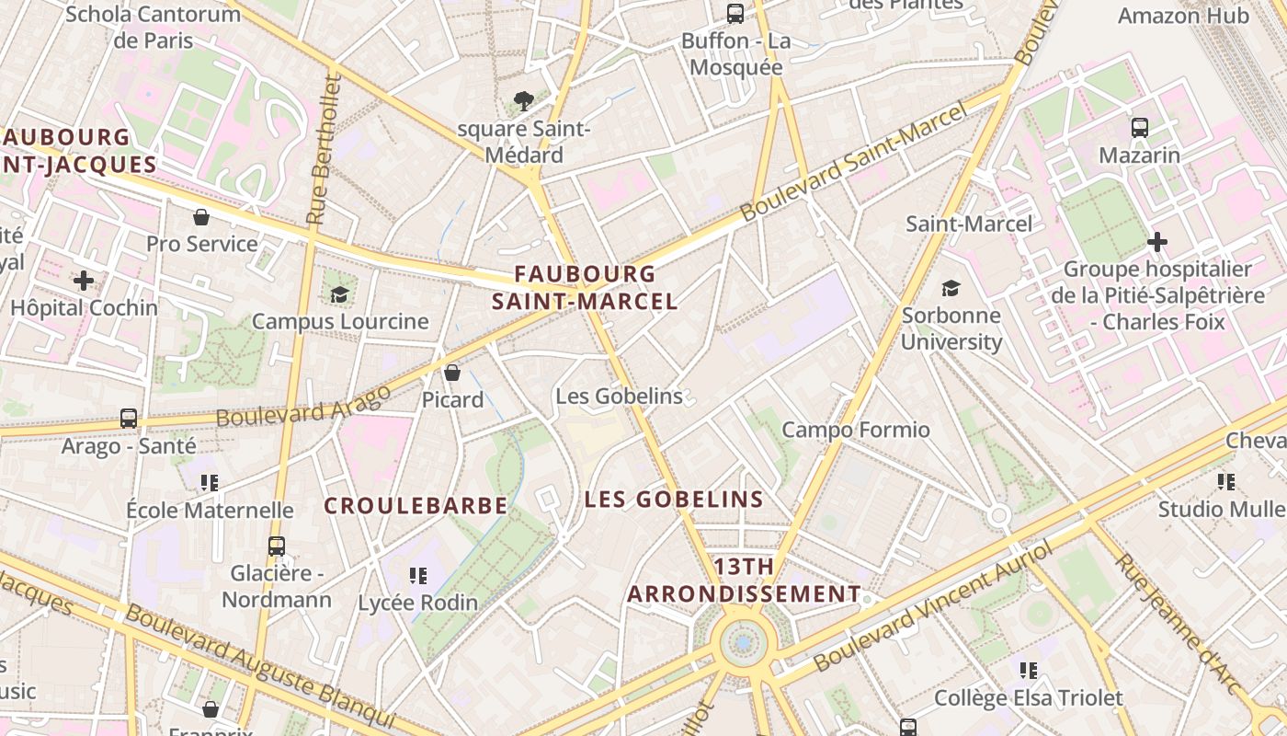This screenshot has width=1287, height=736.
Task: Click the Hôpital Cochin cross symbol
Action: point(84,281)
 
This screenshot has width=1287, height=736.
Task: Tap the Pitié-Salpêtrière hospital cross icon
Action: point(1157,242)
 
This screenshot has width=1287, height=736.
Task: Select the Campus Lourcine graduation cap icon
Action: point(340,294)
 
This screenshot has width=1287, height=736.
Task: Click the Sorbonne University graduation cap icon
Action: point(951,288)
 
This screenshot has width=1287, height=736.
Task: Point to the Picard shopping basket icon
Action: point(452,373)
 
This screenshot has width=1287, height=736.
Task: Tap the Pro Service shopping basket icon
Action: point(201,217)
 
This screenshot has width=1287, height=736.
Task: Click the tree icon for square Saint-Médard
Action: point(524,100)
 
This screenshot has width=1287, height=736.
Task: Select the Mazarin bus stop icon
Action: point(1140,128)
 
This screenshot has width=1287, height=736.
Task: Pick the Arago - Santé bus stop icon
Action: point(129,419)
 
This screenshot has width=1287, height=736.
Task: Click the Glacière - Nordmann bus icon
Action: point(277,546)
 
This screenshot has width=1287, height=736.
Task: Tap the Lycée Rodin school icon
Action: point(418,576)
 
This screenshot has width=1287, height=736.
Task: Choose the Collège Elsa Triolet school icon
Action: point(1029,671)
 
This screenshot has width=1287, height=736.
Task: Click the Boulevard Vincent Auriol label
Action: point(934,606)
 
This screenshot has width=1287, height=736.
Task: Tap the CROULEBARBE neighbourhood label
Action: point(416,506)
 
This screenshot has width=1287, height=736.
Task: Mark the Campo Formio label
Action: point(856,430)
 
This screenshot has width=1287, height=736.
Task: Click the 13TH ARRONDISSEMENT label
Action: point(744,580)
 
